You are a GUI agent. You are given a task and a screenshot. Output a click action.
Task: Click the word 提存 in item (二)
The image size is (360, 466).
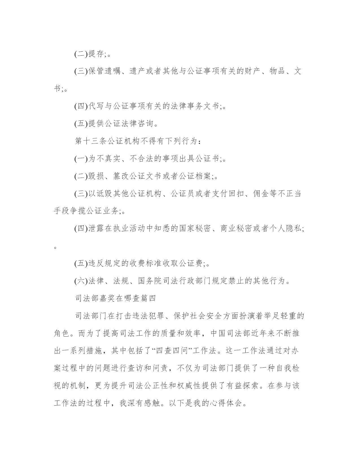pos(96,54)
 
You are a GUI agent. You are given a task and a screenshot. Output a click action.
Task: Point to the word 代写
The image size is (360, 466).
pos(96,106)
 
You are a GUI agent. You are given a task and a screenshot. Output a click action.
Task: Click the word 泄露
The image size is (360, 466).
pos(96,229)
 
